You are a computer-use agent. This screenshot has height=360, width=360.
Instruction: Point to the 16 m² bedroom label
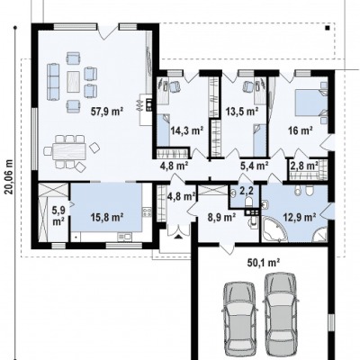pyautogui.click(x=301, y=130)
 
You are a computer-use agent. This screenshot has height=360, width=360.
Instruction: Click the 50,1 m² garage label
pyautogui.click(x=264, y=263)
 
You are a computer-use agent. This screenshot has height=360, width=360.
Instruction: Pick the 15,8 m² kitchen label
pyautogui.click(x=107, y=218)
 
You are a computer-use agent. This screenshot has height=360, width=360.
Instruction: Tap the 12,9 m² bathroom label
pyautogui.click(x=299, y=216)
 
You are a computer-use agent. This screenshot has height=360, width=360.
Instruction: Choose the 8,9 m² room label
pyautogui.click(x=222, y=217)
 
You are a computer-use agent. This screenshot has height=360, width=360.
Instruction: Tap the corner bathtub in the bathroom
pyautogui.click(x=274, y=229)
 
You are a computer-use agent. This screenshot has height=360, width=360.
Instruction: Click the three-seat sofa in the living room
pyautogui.click(x=53, y=78)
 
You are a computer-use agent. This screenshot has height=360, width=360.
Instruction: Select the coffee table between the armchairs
pyautogui.click(x=74, y=81)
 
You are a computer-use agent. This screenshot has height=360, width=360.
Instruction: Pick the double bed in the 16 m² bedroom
pyautogui.click(x=311, y=103)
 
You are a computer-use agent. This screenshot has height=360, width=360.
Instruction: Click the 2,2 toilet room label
pyautogui.click(x=247, y=190)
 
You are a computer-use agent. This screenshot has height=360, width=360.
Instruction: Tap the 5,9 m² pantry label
pyautogui.click(x=58, y=215)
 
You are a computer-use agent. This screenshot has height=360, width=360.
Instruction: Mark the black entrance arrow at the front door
pyautogui.click(x=178, y=237)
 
